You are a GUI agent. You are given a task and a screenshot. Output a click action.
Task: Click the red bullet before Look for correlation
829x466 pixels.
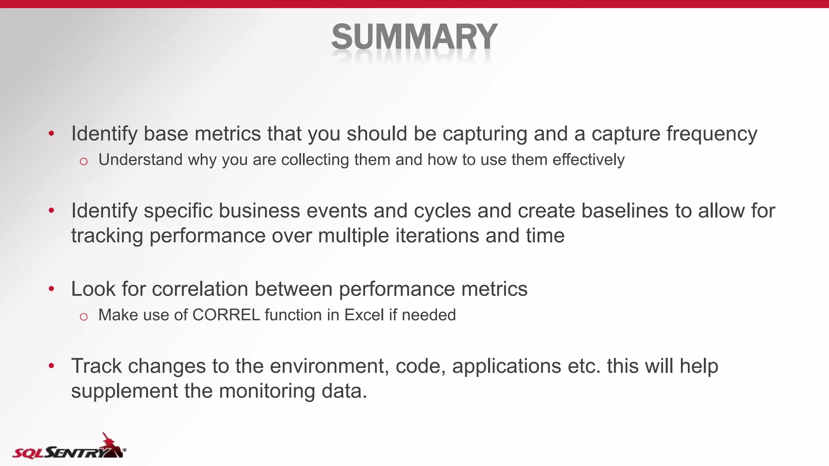pyautogui.click(x=51, y=289)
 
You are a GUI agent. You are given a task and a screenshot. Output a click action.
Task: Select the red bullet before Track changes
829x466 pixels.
pyautogui.click(x=51, y=366)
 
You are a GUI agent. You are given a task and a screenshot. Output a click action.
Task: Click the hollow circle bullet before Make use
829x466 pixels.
pyautogui.click(x=84, y=317)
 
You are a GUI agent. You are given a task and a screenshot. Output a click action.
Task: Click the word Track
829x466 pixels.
pyautogui.click(x=96, y=366)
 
